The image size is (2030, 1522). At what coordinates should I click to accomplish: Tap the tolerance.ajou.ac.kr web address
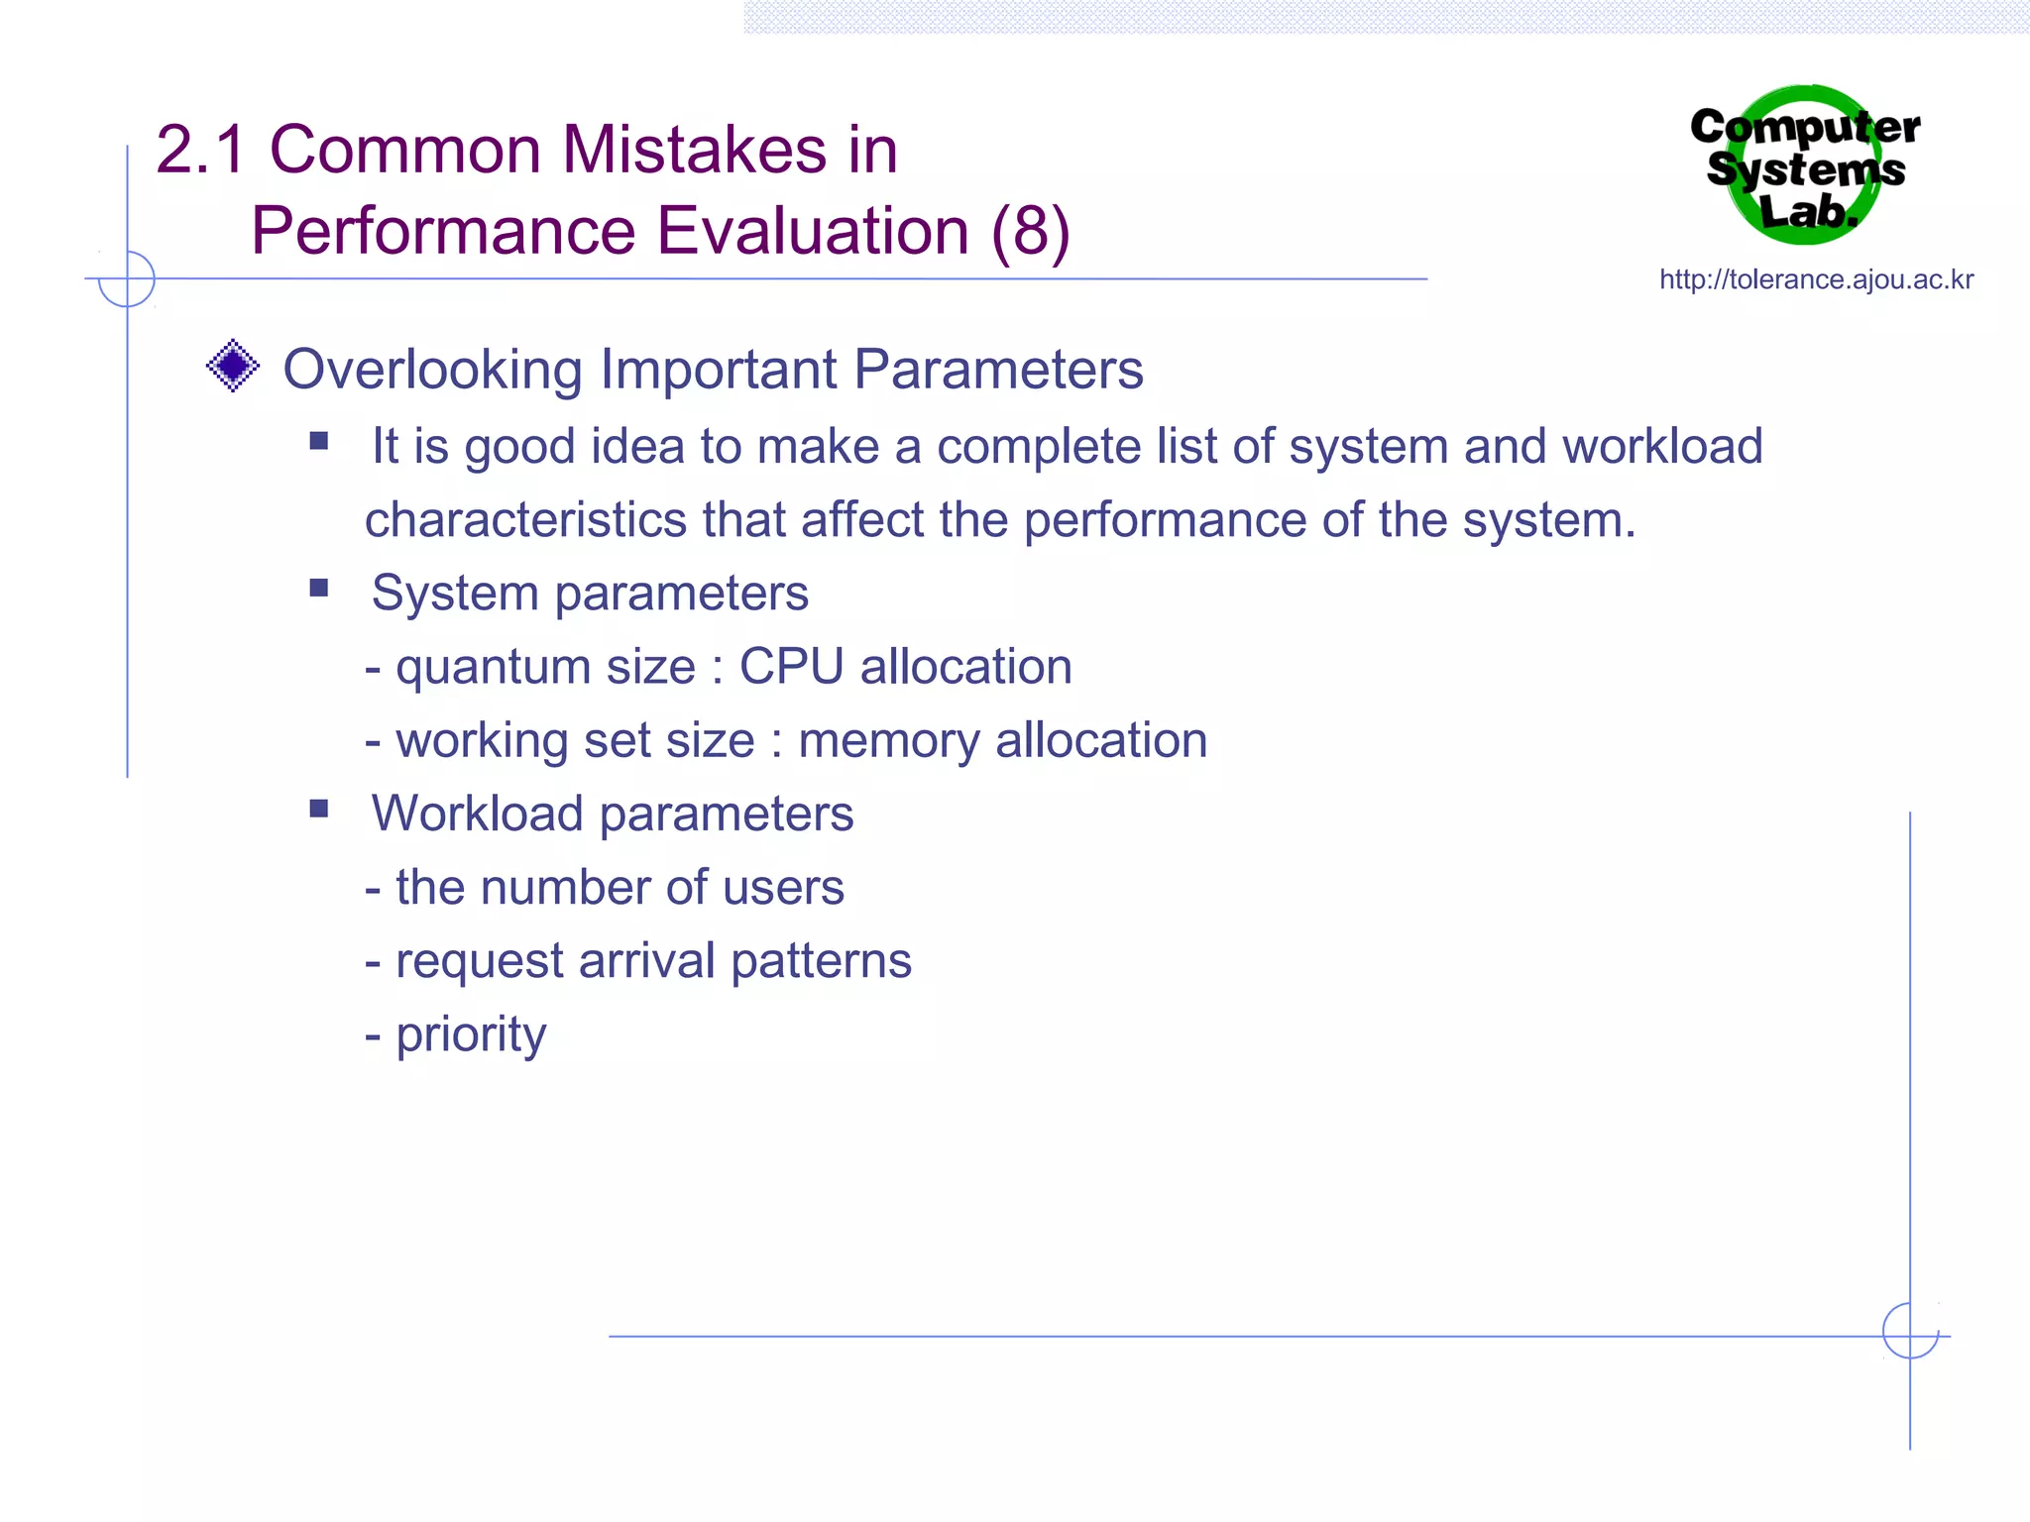(1816, 280)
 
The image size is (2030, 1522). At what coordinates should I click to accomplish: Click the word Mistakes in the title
(694, 151)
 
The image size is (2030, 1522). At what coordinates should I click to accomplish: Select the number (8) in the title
(1030, 232)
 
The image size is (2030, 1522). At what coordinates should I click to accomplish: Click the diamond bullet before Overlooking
(233, 367)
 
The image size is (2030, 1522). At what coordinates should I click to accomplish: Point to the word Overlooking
(432, 370)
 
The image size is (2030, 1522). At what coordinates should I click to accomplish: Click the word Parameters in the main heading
(998, 370)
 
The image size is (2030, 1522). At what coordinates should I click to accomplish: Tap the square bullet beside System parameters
(319, 589)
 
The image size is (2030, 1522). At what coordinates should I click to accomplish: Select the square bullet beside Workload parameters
(319, 809)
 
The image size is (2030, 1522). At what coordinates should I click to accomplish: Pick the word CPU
(791, 666)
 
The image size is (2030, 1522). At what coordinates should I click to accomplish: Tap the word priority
(471, 1035)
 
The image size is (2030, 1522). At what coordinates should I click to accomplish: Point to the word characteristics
(525, 520)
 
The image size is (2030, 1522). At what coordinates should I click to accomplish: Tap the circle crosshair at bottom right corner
(1910, 1331)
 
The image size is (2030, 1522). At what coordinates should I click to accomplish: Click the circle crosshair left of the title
(127, 278)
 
